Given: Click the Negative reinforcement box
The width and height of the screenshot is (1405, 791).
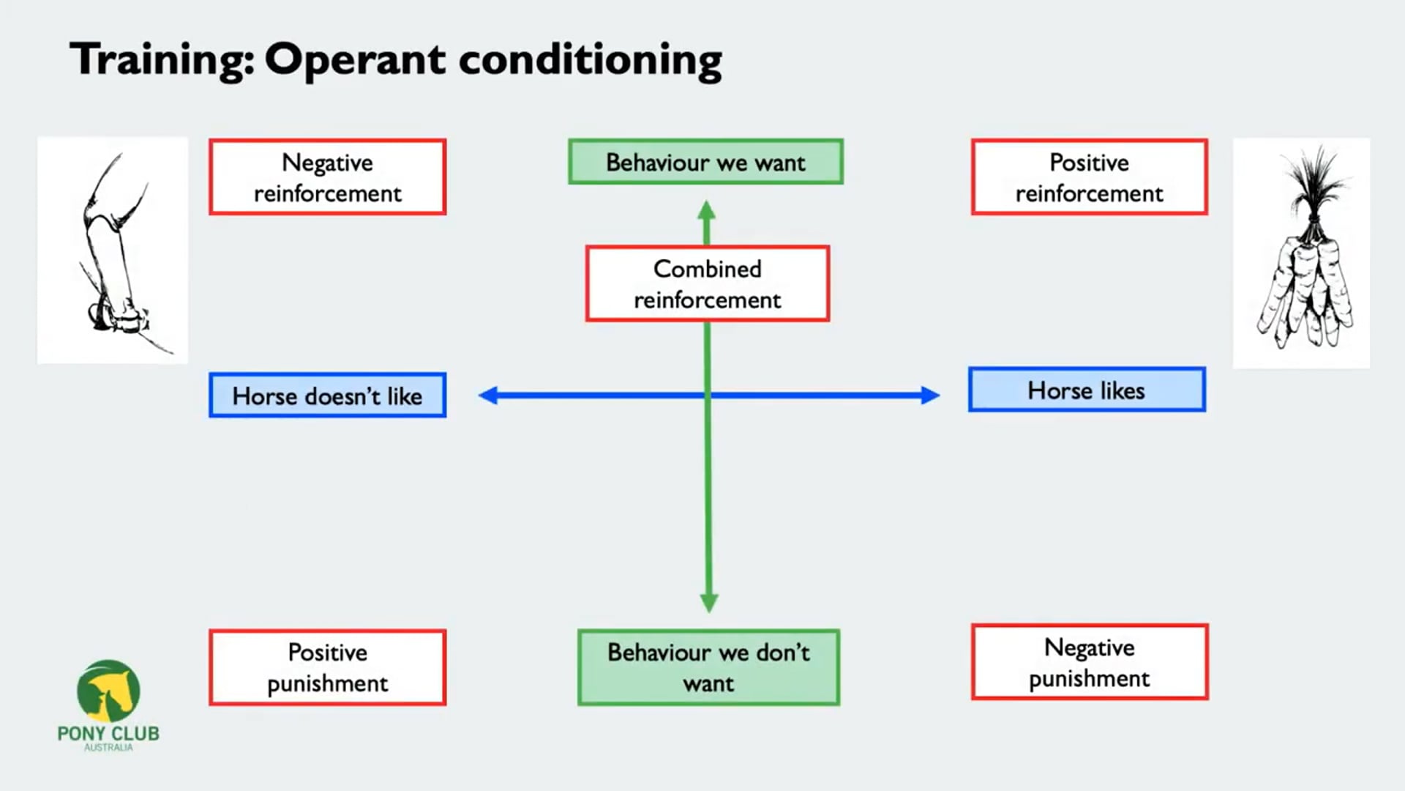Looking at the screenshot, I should tap(327, 177).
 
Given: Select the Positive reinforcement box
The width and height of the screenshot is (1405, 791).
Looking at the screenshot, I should tap(1089, 177).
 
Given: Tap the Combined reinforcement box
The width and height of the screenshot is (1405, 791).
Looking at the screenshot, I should tap(707, 283).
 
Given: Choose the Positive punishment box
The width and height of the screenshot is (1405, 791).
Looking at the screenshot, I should tap(327, 667).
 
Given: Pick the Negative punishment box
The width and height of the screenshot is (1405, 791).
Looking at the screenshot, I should tap(1089, 662).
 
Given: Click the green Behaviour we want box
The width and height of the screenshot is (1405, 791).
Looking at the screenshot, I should tap(705, 162).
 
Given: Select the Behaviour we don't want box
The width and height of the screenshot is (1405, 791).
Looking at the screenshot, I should tap(708, 667).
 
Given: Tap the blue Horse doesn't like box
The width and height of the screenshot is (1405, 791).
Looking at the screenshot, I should tap(327, 395).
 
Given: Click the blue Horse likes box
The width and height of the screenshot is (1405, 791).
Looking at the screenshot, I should tap(1086, 390).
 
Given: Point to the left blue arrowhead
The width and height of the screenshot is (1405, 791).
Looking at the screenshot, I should tap(488, 395).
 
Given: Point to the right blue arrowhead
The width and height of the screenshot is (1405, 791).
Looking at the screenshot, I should tap(930, 395).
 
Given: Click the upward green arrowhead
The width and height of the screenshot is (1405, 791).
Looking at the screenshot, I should tap(706, 210).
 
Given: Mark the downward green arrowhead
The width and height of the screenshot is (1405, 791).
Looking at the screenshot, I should tap(708, 602).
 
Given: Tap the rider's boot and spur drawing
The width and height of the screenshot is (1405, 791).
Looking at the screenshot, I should tap(113, 253).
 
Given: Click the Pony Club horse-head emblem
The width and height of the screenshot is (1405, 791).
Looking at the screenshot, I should tap(108, 691).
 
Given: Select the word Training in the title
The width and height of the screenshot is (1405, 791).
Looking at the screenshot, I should tap(161, 59).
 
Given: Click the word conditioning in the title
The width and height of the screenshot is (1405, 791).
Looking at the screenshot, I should tap(590, 60).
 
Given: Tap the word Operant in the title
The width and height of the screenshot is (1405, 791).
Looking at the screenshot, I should tap(355, 60).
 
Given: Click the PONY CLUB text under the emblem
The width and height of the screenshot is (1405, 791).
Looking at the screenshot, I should tap(108, 733).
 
